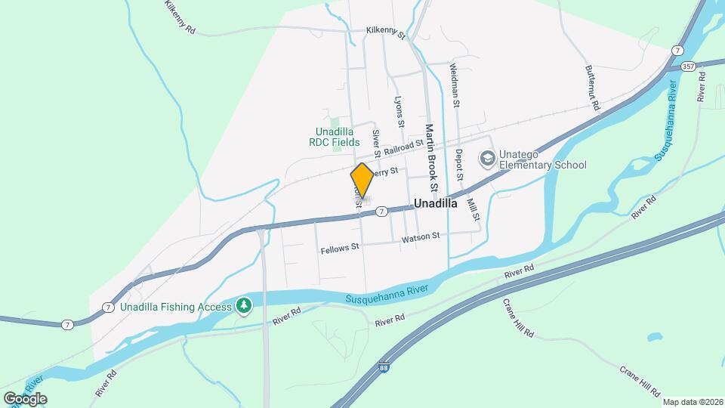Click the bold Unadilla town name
[437, 203]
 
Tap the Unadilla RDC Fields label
[338, 136]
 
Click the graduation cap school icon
[488, 159]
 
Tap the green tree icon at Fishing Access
[243, 305]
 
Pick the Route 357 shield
[687, 66]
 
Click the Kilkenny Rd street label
[180, 16]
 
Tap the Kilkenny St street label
[385, 32]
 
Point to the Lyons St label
[400, 112]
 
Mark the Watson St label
[421, 236]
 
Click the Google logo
[25, 398]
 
